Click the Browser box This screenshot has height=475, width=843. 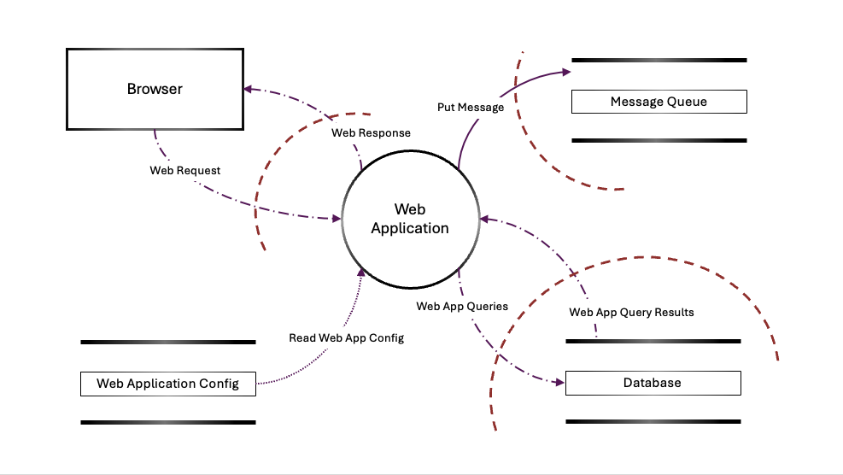pos(155,89)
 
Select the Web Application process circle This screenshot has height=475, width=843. pos(409,219)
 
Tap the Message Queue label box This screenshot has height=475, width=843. pos(659,102)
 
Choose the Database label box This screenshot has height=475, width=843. pos(653,383)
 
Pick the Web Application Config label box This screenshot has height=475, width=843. pos(167,384)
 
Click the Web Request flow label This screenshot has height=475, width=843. pos(185,171)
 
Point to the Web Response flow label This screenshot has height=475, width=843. pos(371,133)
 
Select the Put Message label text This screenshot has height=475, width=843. pos(470,108)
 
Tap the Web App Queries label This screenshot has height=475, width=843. pos(462,306)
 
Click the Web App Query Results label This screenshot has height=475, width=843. pos(631,313)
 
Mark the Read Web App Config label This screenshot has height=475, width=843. pos(346,338)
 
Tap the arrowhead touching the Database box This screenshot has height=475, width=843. pos(559,382)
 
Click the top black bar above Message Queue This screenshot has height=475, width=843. pos(659,61)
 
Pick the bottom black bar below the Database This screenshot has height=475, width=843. pos(653,421)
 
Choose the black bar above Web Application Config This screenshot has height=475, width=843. pos(167,343)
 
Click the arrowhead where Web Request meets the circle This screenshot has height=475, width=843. pos(336,220)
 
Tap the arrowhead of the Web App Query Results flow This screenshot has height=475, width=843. pos(484,220)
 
